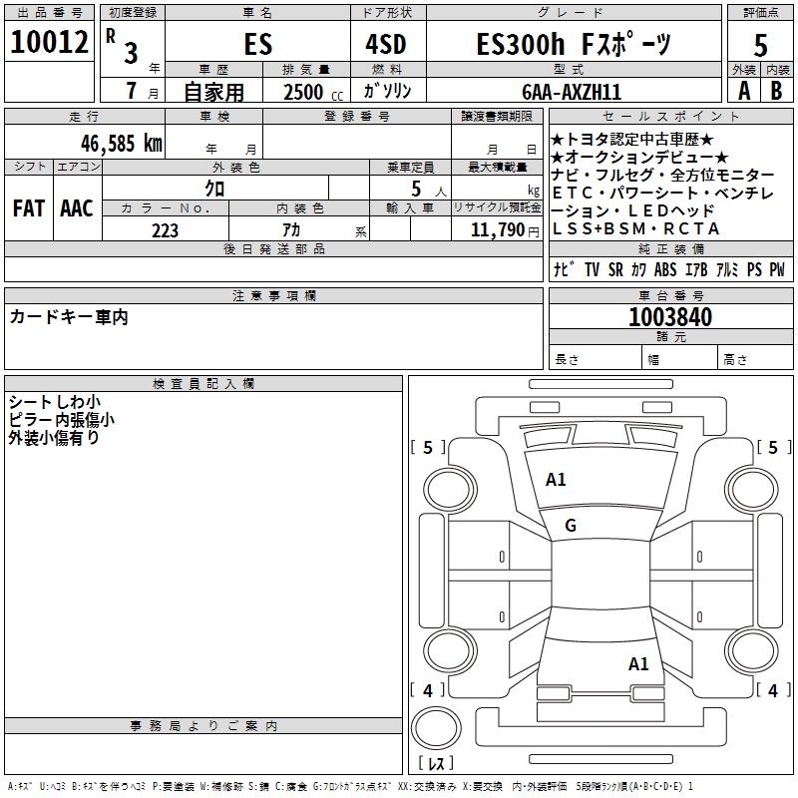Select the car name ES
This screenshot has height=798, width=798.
point(257,45)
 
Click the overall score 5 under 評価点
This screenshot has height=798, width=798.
point(760,45)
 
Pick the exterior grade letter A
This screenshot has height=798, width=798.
point(743,90)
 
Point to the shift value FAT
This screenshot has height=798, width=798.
point(28,208)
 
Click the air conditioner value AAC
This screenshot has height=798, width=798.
point(76,208)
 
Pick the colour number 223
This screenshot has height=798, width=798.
point(165,230)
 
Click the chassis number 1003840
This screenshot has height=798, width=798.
point(670,318)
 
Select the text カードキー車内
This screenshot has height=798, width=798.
point(69,317)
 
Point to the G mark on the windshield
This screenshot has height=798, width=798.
point(571,526)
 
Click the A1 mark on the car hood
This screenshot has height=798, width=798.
point(556,480)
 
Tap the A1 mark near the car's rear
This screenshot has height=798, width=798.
point(638,663)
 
